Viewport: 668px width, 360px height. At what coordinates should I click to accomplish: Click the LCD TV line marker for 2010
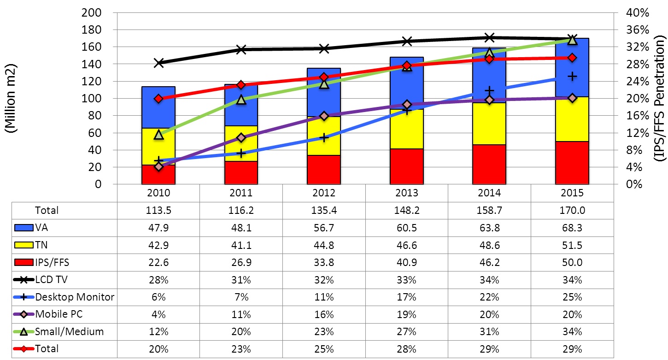[x=159, y=63]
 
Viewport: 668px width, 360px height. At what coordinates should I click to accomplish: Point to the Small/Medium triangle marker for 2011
[x=241, y=100]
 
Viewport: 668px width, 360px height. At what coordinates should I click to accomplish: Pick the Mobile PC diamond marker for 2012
[x=324, y=116]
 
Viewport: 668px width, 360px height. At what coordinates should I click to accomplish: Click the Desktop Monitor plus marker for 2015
[x=572, y=77]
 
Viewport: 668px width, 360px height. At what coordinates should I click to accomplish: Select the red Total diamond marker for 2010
[x=159, y=98]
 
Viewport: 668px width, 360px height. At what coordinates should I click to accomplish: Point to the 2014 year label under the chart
[x=489, y=193]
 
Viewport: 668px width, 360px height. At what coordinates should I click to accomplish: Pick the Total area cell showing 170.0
[x=572, y=210]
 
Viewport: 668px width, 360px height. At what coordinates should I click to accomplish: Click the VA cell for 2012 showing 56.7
[x=324, y=228]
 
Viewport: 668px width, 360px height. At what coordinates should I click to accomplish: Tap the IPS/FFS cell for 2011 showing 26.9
[x=241, y=262]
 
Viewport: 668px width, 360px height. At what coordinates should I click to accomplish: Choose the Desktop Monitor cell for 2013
[x=406, y=297]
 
